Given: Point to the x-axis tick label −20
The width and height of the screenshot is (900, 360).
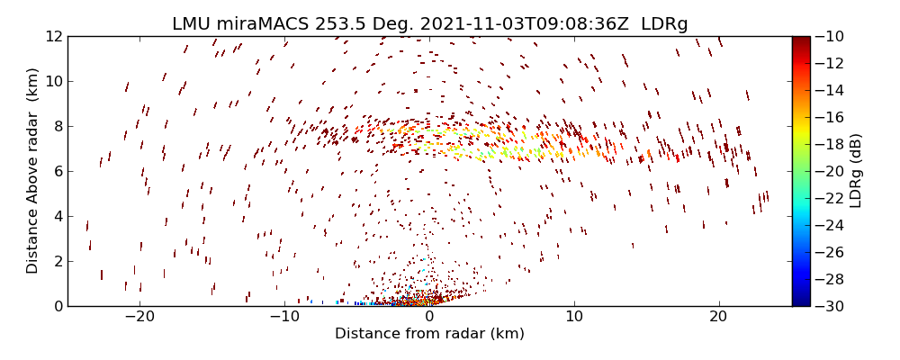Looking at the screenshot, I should pyautogui.click(x=139, y=318).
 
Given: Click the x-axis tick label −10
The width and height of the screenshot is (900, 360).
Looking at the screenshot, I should pyautogui.click(x=284, y=318).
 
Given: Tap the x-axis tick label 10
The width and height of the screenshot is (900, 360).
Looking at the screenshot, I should pyautogui.click(x=574, y=318).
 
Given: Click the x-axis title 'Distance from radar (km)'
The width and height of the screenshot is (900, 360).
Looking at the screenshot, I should pyautogui.click(x=429, y=334).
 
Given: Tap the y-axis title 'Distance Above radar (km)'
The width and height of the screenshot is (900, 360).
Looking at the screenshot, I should pyautogui.click(x=32, y=171).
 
